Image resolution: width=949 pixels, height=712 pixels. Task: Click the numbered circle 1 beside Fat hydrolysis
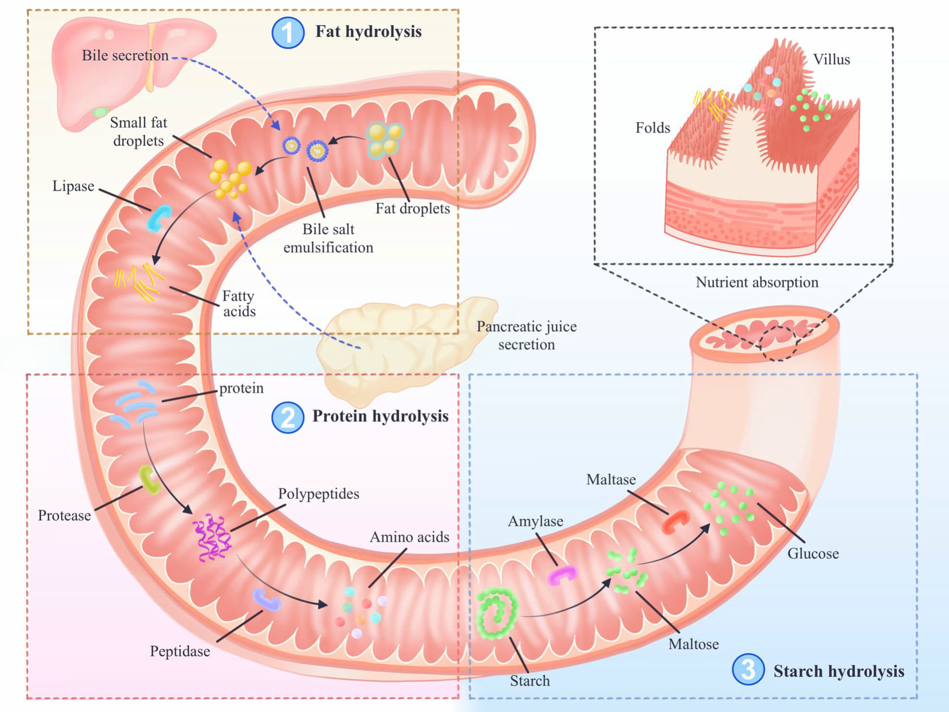288,33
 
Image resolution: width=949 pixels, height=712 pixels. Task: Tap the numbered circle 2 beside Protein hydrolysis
288,417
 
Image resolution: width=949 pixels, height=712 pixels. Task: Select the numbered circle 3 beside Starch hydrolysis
748,669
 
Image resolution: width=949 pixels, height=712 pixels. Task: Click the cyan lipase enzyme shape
158,219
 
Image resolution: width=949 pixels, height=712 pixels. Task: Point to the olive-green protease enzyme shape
149,479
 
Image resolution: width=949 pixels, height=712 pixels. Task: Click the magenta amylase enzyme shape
562,575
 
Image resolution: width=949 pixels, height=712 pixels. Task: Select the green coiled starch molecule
497,613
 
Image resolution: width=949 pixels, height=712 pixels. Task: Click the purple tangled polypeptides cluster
212,538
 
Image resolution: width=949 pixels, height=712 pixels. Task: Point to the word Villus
831,60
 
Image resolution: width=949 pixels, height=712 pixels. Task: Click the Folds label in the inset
653,128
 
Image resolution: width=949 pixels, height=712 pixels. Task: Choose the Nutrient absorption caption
757,282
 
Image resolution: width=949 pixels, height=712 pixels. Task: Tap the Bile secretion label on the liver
125,55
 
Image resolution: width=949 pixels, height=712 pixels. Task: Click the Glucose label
813,553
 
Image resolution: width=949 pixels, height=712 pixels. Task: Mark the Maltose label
693,644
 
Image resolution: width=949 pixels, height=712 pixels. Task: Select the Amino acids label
409,537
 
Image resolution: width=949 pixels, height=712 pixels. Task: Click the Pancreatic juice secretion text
526,335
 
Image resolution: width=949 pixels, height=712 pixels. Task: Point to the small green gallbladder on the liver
99,112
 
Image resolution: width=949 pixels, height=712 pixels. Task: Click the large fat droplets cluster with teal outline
385,139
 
